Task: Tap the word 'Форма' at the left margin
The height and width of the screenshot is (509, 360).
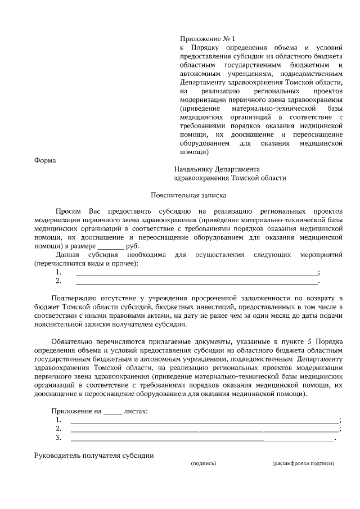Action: pos(45,160)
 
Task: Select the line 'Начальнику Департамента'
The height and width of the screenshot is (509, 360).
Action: pos(217,169)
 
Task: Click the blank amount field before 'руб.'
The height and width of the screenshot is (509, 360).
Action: pos(110,246)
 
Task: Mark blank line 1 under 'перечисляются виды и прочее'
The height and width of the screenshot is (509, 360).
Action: pos(196,273)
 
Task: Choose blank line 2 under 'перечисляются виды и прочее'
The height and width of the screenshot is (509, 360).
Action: pos(196,281)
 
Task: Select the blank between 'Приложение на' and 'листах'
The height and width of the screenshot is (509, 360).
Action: pos(112,411)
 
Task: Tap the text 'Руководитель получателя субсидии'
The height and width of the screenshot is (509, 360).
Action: pos(94,455)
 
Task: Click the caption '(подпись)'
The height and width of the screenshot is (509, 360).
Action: pos(204,464)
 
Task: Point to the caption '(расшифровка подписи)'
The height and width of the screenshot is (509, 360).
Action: pos(303,464)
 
